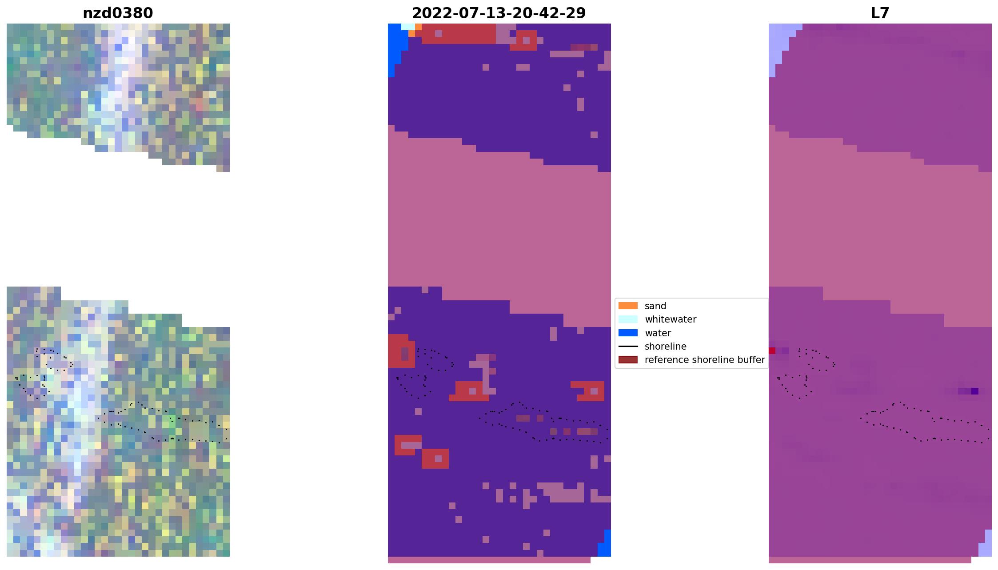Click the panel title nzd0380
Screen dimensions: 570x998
pyautogui.click(x=118, y=13)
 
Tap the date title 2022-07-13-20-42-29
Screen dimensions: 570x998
pyautogui.click(x=499, y=13)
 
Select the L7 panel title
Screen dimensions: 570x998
pyautogui.click(x=879, y=13)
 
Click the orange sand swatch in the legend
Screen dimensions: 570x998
pyautogui.click(x=628, y=306)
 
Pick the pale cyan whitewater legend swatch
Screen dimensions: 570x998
pyautogui.click(x=628, y=319)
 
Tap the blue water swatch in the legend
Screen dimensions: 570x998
pyautogui.click(x=628, y=333)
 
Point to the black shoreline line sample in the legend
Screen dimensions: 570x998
pyautogui.click(x=628, y=346)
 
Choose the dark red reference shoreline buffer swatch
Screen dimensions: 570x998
pyautogui.click(x=628, y=359)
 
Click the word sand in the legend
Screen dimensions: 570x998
pyautogui.click(x=655, y=306)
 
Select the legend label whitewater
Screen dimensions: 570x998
pyautogui.click(x=670, y=319)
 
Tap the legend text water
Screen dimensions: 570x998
pyautogui.click(x=658, y=333)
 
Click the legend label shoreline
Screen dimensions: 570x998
pyautogui.click(x=665, y=347)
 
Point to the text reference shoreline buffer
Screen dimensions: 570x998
pyautogui.click(x=704, y=360)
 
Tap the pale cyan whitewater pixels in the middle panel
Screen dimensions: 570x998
pyautogui.click(x=407, y=27)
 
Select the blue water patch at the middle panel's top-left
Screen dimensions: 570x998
pyautogui.click(x=397, y=44)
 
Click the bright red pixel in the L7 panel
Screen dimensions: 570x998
pyautogui.click(x=772, y=351)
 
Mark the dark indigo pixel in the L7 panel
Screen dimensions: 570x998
pyautogui.click(x=974, y=391)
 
